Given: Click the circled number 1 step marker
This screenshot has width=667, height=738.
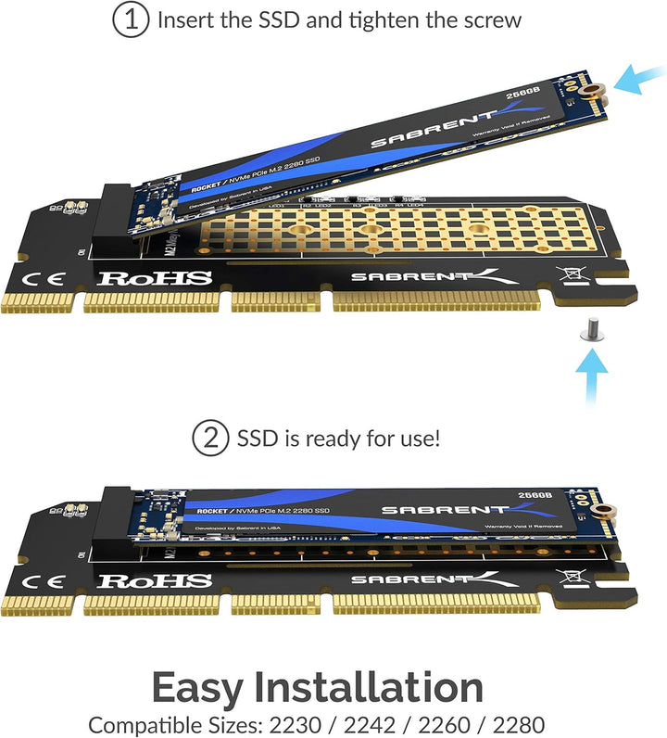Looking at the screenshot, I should [132, 19].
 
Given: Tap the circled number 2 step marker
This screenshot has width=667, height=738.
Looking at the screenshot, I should [210, 439].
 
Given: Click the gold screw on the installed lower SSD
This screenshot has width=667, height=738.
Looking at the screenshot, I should [608, 509].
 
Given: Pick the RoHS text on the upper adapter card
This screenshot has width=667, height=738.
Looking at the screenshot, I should [156, 277].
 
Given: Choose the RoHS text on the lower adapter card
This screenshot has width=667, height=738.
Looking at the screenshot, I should [156, 581].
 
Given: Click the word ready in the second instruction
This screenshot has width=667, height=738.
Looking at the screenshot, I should [346, 439].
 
